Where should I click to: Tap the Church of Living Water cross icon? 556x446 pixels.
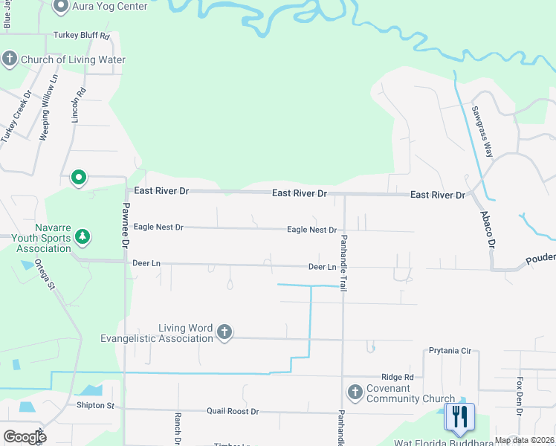(10, 59)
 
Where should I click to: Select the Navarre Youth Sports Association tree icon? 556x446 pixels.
(83, 237)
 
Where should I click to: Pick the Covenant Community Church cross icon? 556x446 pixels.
(355, 392)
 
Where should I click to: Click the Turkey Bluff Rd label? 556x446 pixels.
(82, 36)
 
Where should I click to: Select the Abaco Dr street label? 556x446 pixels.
(488, 229)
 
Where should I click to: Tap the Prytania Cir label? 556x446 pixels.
(450, 350)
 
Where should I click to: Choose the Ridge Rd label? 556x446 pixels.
(398, 378)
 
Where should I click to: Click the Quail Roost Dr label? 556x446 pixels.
(233, 411)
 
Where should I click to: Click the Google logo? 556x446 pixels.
(24, 436)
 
